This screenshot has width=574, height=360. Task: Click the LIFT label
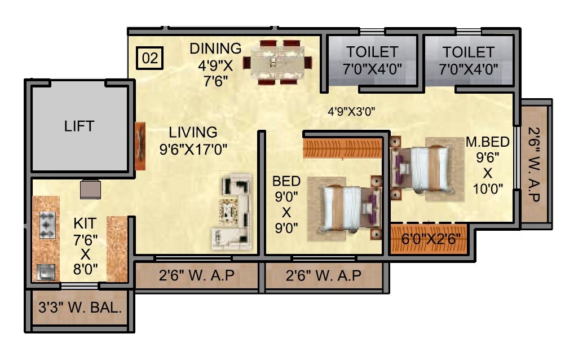(x=80, y=126)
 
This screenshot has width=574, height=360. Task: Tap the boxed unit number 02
(x=149, y=58)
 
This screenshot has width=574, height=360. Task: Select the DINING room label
(x=215, y=49)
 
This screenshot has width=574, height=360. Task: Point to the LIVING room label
(x=193, y=133)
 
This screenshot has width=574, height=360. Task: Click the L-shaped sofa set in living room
(x=232, y=212)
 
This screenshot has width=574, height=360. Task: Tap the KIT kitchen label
(x=85, y=223)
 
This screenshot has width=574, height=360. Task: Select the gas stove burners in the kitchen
(x=46, y=225)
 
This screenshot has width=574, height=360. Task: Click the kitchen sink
(x=45, y=273)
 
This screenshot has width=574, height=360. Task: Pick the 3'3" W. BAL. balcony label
(x=80, y=309)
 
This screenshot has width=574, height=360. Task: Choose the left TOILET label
(x=372, y=52)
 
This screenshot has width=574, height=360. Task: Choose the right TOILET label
(x=468, y=52)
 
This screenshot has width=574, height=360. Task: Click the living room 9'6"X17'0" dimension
(x=197, y=150)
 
